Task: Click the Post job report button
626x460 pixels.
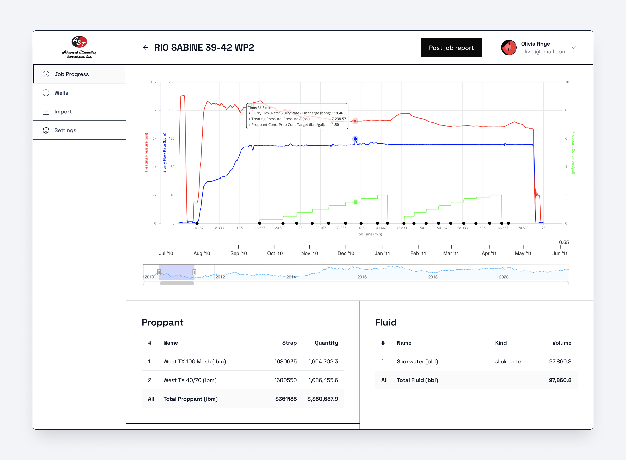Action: pyautogui.click(x=451, y=48)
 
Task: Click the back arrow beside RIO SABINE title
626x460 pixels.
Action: pyautogui.click(x=145, y=48)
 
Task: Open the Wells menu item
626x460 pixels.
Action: pyautogui.click(x=61, y=93)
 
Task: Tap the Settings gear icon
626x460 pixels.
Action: pyautogui.click(x=46, y=130)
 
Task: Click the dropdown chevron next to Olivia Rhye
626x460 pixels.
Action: pyautogui.click(x=573, y=48)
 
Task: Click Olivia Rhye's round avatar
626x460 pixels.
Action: pyautogui.click(x=508, y=48)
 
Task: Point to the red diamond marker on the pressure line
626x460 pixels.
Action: pyautogui.click(x=355, y=121)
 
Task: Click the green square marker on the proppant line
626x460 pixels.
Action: pyautogui.click(x=355, y=202)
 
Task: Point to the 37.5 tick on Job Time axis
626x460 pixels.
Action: pyautogui.click(x=361, y=228)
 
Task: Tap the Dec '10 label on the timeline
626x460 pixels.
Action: pyautogui.click(x=346, y=253)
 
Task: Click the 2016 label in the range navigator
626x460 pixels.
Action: pyautogui.click(x=362, y=277)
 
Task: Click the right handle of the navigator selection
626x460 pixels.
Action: pyautogui.click(x=194, y=272)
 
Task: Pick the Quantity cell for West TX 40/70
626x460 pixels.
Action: pyautogui.click(x=323, y=380)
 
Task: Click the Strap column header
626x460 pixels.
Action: pyautogui.click(x=289, y=343)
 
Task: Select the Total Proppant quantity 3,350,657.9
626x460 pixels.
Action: pyautogui.click(x=322, y=399)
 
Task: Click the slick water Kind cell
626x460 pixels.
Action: pyautogui.click(x=509, y=361)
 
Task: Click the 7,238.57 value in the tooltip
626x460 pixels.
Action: pyautogui.click(x=339, y=119)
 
